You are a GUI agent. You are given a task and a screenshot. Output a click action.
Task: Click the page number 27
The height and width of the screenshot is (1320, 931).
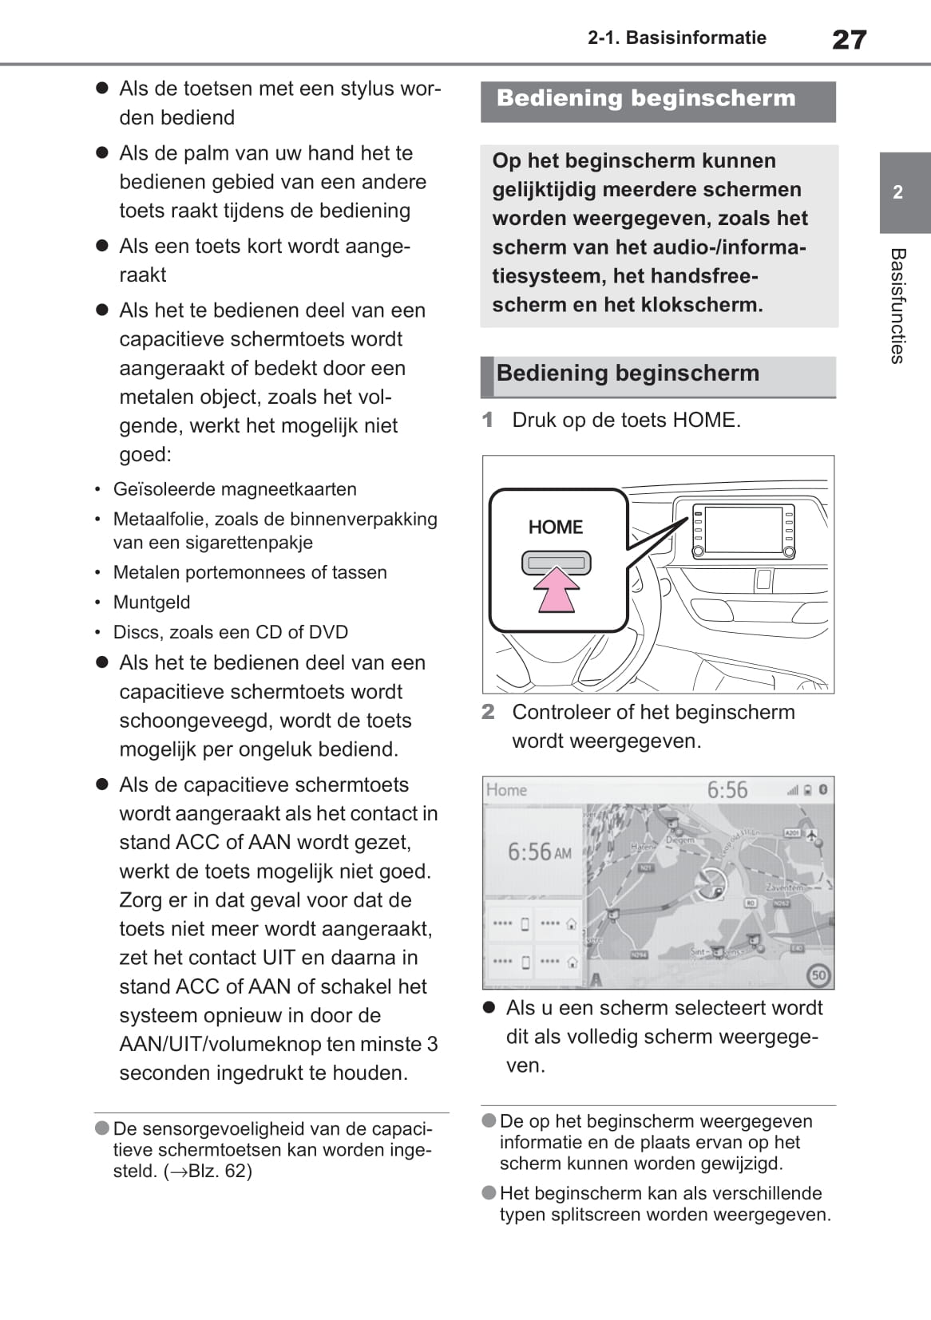pyautogui.click(x=849, y=39)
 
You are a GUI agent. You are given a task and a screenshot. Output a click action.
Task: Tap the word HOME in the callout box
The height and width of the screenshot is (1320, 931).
pyautogui.click(x=556, y=528)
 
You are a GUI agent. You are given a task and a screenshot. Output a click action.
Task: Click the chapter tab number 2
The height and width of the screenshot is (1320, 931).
pyautogui.click(x=898, y=192)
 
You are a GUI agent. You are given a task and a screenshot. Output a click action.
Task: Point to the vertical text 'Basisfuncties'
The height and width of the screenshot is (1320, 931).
pyautogui.click(x=898, y=306)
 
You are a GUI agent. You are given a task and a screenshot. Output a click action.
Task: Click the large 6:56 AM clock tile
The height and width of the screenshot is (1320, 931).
pyautogui.click(x=534, y=852)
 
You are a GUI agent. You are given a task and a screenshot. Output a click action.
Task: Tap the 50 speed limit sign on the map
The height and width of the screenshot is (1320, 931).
pyautogui.click(x=818, y=974)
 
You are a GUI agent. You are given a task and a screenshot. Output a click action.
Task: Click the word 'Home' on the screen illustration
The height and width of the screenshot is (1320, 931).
pyautogui.click(x=506, y=790)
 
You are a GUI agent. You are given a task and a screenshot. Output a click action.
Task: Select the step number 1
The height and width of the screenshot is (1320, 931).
pyautogui.click(x=488, y=420)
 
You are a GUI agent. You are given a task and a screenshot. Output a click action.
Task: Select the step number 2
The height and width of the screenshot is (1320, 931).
pyautogui.click(x=488, y=712)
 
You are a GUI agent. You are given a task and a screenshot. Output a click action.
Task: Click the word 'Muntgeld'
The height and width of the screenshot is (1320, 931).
pyautogui.click(x=152, y=603)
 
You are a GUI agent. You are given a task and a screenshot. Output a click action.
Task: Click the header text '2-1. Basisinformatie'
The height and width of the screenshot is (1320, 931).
pyautogui.click(x=676, y=38)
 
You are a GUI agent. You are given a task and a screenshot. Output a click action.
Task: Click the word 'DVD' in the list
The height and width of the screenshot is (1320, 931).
pyautogui.click(x=328, y=632)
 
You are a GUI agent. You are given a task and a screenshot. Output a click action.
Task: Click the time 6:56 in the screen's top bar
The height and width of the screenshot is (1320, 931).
pyautogui.click(x=727, y=790)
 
